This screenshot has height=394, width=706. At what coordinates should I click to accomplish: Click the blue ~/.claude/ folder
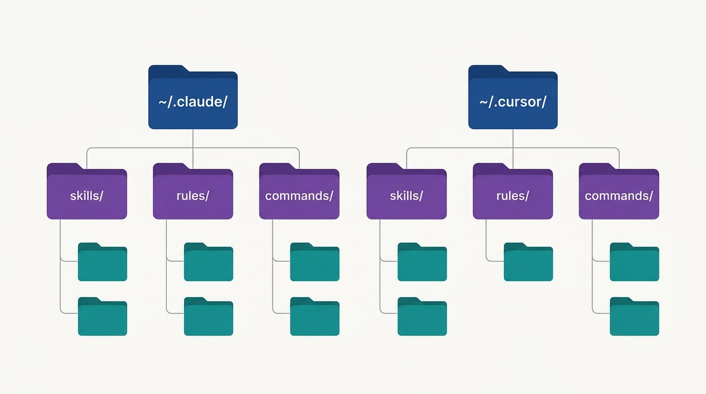193,97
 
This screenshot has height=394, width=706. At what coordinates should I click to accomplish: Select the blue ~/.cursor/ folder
513,97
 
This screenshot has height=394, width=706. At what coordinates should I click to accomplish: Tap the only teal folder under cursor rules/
528,262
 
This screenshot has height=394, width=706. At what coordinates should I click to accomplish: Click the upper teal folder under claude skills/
103,262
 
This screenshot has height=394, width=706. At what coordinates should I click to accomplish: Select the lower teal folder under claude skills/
103,317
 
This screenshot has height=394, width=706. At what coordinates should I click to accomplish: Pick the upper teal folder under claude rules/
209,262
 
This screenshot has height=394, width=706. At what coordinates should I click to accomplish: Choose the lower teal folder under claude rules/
209,317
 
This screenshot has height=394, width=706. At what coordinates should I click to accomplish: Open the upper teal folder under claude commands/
315,262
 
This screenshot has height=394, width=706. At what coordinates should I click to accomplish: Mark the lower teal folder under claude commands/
315,317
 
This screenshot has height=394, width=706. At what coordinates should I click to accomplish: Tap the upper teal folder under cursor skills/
422,262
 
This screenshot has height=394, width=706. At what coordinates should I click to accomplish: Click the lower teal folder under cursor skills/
422,317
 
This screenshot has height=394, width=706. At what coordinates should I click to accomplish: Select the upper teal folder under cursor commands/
635,262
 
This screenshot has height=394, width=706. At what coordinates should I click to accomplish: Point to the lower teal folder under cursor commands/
635,317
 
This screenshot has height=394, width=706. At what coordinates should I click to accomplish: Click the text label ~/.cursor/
513,102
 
